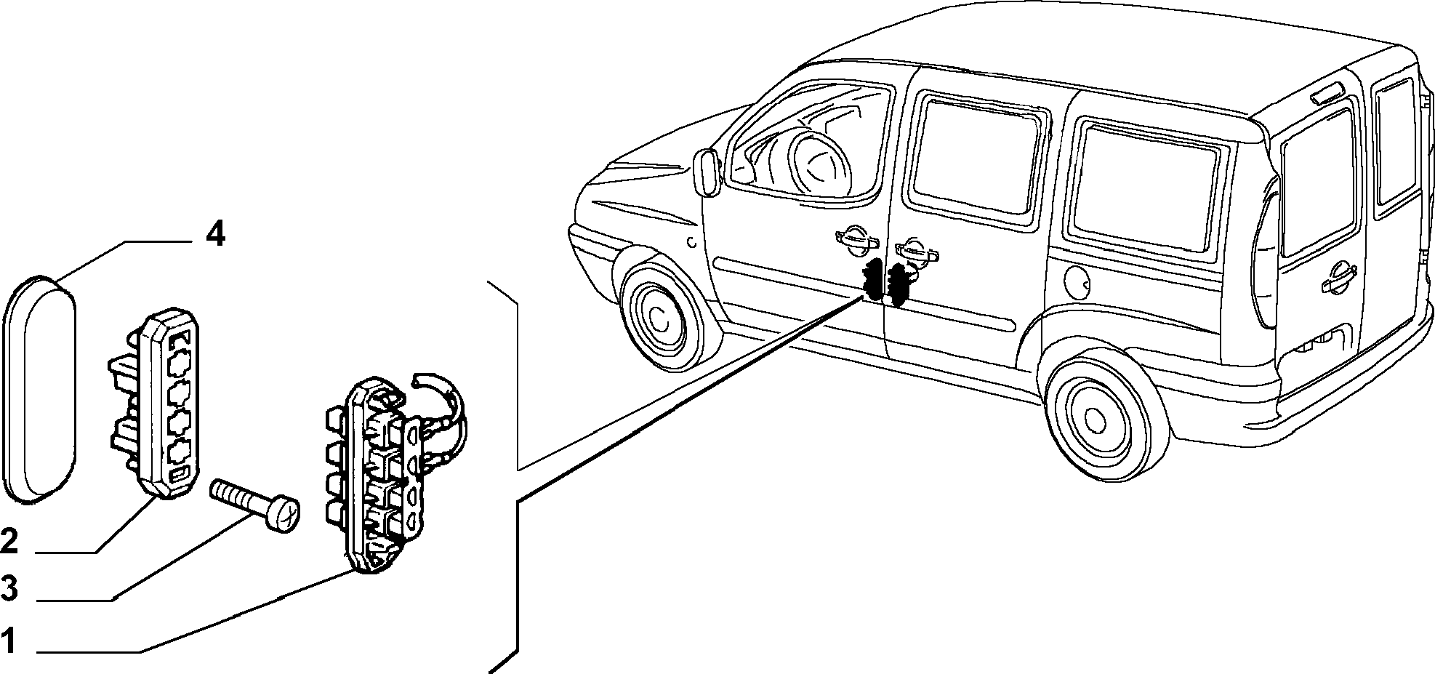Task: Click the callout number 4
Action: pos(215,236)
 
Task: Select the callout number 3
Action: pos(9,588)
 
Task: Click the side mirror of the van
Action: pos(706,171)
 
